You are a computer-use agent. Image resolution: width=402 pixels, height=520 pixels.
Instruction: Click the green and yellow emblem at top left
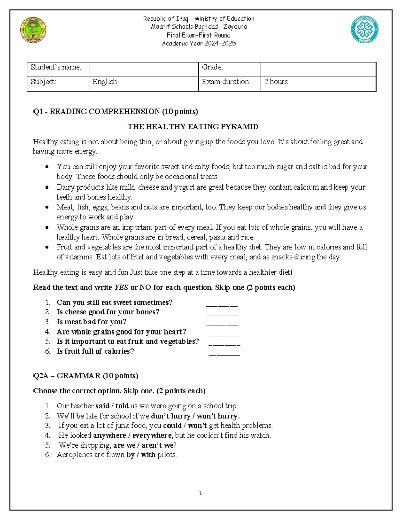pyautogui.click(x=33, y=30)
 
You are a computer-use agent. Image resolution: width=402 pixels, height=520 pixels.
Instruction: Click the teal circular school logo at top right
pyautogui.click(x=364, y=30)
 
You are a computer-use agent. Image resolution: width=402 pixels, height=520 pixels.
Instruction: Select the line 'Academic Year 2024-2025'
pyautogui.click(x=199, y=43)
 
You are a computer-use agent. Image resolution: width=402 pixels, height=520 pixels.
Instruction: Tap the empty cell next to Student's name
pyautogui.click(x=143, y=69)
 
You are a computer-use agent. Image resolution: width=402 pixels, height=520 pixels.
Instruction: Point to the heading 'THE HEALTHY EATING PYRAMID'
pyautogui.click(x=193, y=127)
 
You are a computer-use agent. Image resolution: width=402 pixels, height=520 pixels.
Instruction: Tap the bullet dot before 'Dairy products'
pyautogui.click(x=47, y=188)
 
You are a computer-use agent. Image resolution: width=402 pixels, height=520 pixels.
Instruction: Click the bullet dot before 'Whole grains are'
pyautogui.click(x=47, y=228)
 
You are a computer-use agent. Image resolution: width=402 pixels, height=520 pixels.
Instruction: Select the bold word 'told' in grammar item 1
pyautogui.click(x=122, y=406)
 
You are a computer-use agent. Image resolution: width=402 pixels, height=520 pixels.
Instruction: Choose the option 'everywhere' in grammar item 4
pyautogui.click(x=152, y=435)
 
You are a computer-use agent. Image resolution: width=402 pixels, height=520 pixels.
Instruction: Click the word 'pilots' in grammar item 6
pyautogui.click(x=166, y=455)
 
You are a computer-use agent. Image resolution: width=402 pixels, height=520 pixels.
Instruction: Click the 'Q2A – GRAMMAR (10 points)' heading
pyautogui.click(x=86, y=376)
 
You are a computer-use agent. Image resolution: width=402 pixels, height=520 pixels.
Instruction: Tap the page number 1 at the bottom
pyautogui.click(x=200, y=493)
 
